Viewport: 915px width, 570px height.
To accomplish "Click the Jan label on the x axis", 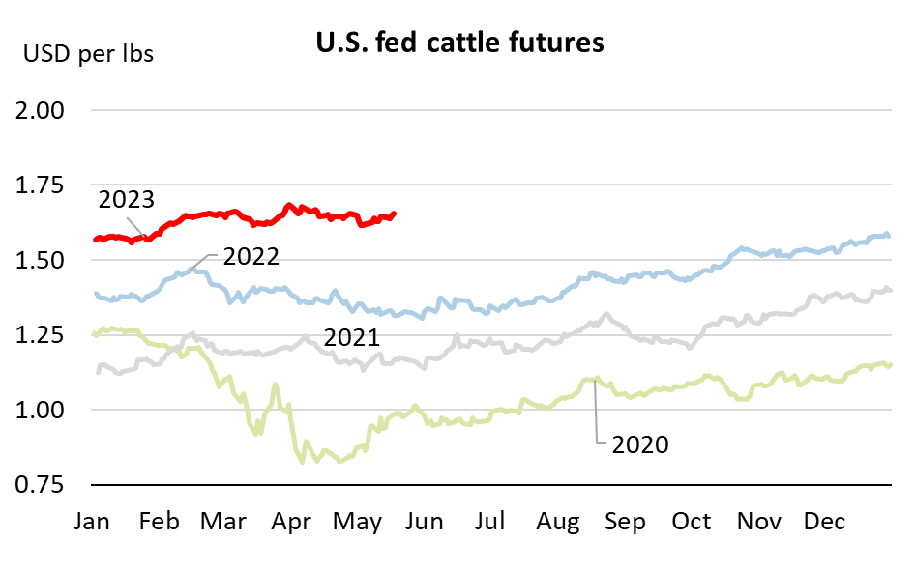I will [93, 522].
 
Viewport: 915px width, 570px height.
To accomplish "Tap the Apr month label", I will [292, 522].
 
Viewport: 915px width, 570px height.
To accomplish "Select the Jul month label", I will [490, 522].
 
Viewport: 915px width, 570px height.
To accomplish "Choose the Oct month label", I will [692, 522].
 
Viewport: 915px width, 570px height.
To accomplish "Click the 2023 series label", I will [126, 200].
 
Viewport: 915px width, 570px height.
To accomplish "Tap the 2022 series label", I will [251, 257].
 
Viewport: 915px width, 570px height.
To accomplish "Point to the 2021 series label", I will [350, 338].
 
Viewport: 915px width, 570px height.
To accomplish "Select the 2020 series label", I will [640, 444].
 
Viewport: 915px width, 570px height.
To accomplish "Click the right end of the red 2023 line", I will [394, 214].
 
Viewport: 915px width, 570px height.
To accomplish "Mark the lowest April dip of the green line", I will [303, 462].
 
